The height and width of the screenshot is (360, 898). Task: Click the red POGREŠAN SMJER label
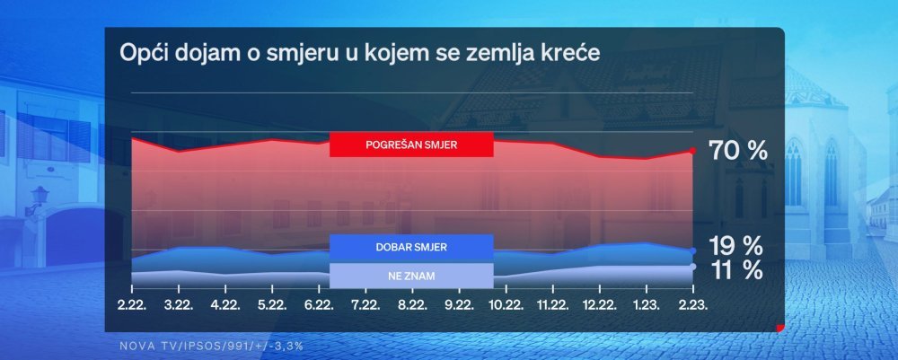[x=411, y=145]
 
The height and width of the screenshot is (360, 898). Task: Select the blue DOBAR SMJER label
[x=411, y=248]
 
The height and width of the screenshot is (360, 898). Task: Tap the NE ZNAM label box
[x=411, y=276]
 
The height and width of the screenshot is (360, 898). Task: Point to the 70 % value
[x=737, y=152]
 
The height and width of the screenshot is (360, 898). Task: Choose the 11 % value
[x=736, y=270]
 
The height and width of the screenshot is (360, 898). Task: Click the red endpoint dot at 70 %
[x=693, y=151]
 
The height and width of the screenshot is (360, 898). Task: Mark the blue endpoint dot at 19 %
[x=693, y=250]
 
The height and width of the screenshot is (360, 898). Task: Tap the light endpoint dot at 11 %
[x=693, y=266]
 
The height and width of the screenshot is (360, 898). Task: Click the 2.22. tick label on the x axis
[x=132, y=305]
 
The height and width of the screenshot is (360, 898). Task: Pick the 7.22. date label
[x=365, y=305]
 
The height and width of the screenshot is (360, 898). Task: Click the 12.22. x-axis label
[x=599, y=305]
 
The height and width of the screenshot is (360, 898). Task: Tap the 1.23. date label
[x=646, y=305]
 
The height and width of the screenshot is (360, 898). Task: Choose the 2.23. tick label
[x=693, y=305]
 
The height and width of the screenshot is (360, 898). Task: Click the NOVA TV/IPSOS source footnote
[x=211, y=347]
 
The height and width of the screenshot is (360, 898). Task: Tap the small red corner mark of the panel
[x=780, y=328]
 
